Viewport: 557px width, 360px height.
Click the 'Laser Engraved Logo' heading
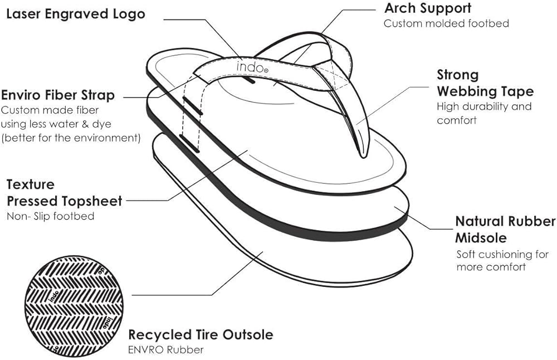tap(76, 14)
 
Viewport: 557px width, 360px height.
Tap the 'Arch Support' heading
tap(428, 8)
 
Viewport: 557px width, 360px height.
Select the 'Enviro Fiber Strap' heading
tap(58, 95)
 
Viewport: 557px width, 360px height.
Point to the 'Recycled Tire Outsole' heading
tap(201, 334)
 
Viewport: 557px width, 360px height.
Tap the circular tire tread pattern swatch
tap(74, 306)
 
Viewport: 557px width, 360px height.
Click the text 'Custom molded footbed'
tap(446, 23)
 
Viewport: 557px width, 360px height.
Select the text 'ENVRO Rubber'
tap(166, 350)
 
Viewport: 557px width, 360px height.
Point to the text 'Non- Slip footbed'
tap(51, 216)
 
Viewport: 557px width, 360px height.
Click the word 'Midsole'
tap(481, 238)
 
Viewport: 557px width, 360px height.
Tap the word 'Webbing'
tap(468, 91)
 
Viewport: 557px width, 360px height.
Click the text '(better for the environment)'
tap(71, 138)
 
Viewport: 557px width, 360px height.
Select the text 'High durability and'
tap(484, 106)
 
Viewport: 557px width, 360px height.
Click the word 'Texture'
tap(31, 184)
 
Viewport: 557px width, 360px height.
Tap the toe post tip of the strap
tap(363, 155)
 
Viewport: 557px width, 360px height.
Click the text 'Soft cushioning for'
tap(502, 255)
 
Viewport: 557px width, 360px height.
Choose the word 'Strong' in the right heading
tap(458, 75)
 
